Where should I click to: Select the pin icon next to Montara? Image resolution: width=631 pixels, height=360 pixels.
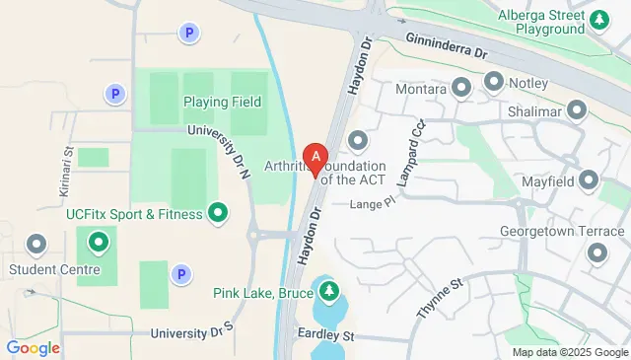tap(461, 88)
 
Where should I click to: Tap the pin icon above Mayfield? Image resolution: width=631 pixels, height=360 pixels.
tap(589, 180)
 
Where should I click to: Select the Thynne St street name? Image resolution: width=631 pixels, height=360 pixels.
tap(439, 298)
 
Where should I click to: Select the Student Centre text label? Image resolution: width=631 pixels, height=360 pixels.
tap(53, 268)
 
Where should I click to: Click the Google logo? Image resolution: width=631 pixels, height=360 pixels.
tap(33, 347)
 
